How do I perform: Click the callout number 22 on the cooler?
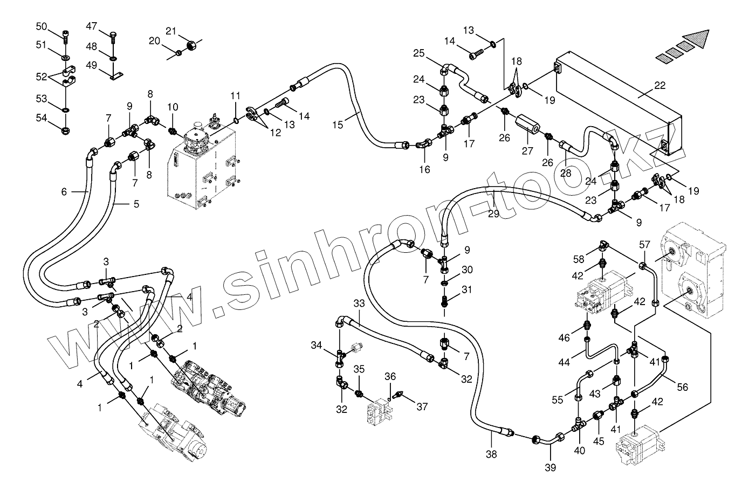tap(660, 85)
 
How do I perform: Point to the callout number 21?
tap(171, 31)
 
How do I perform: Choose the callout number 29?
tap(493, 214)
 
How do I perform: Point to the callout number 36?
tap(390, 376)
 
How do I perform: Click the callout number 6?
tap(64, 191)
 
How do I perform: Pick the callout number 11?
tap(235, 96)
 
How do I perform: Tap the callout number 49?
tap(91, 66)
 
